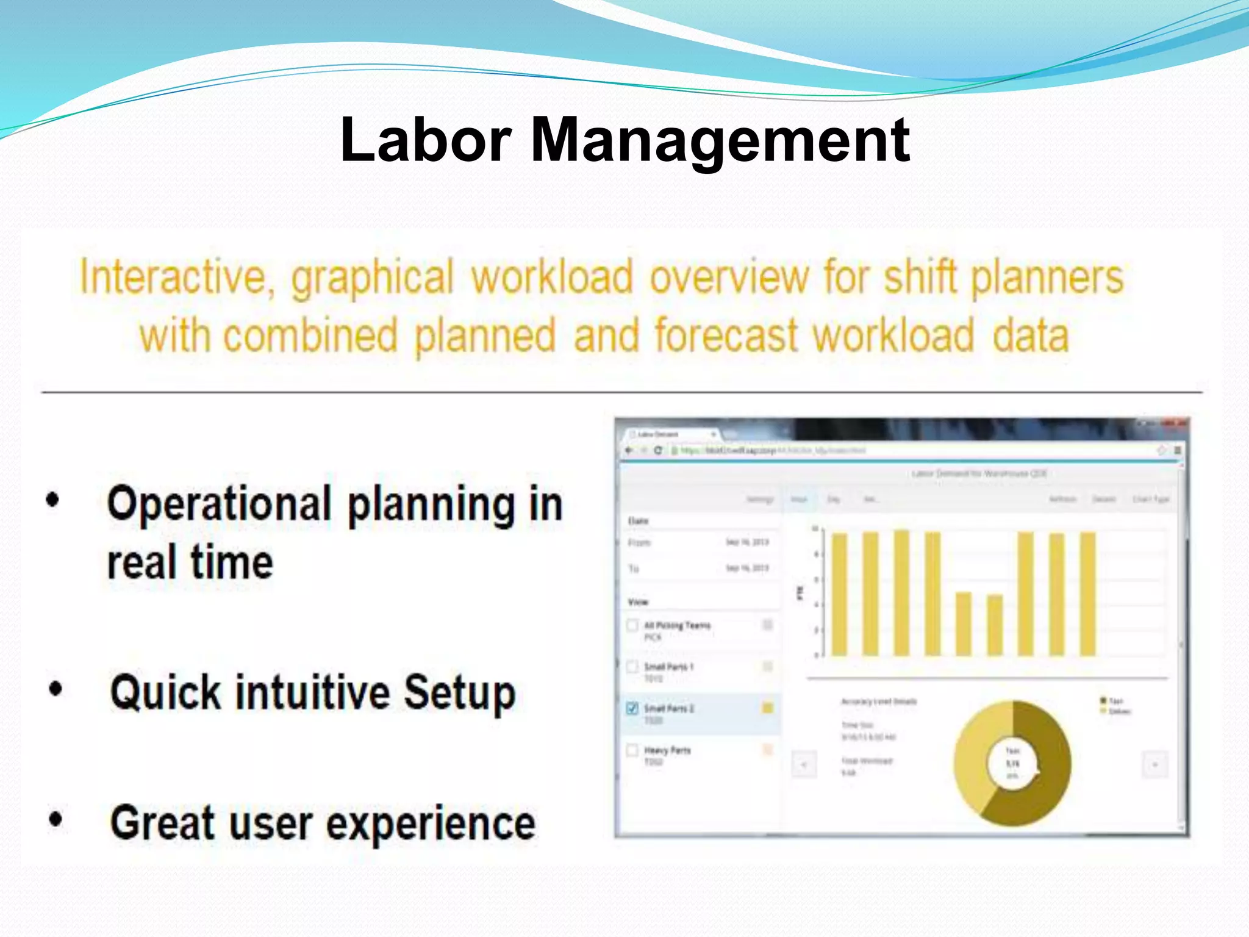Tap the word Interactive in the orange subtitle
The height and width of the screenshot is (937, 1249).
pos(173,278)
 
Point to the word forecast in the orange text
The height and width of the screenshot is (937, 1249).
pos(726,336)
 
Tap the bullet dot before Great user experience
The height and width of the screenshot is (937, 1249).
pos(55,819)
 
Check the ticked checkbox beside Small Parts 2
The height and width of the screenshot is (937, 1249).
pos(632,708)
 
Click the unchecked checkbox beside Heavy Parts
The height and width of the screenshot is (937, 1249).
pos(632,750)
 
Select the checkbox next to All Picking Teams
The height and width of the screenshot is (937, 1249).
pos(632,625)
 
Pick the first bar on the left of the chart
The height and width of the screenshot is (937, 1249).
pos(839,594)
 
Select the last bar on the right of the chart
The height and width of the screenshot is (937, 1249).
pos(1087,594)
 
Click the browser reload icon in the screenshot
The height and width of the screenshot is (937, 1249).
pos(657,450)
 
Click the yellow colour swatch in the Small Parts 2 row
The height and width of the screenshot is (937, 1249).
pos(767,708)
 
